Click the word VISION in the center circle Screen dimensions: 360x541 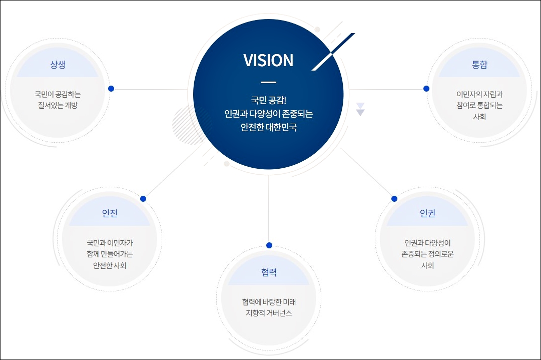click(268, 61)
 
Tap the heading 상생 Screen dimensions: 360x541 click(58, 65)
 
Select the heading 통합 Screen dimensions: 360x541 click(479, 65)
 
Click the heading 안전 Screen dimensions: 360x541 click(110, 213)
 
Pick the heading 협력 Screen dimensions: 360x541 click(269, 272)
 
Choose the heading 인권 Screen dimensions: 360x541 click(427, 213)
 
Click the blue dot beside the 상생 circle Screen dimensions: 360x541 click(111, 89)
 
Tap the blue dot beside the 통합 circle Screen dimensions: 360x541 click(426, 89)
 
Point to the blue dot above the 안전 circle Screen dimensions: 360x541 click(143, 199)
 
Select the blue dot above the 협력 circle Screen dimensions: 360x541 click(269, 245)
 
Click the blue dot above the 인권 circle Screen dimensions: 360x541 click(394, 199)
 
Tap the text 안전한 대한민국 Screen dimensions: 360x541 click(268, 127)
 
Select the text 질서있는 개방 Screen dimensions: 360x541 click(58, 105)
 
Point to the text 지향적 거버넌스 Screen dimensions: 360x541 click(269, 313)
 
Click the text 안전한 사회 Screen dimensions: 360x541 click(110, 265)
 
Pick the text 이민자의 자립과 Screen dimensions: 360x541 click(479, 94)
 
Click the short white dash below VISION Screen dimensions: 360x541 click(269, 82)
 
